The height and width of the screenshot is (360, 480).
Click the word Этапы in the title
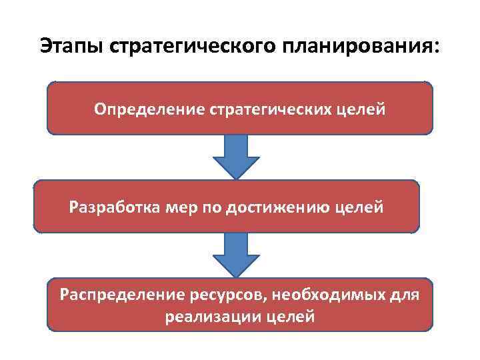[70, 46]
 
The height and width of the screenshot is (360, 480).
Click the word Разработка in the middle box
[111, 207]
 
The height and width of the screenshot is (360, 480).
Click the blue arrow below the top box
[237, 157]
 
